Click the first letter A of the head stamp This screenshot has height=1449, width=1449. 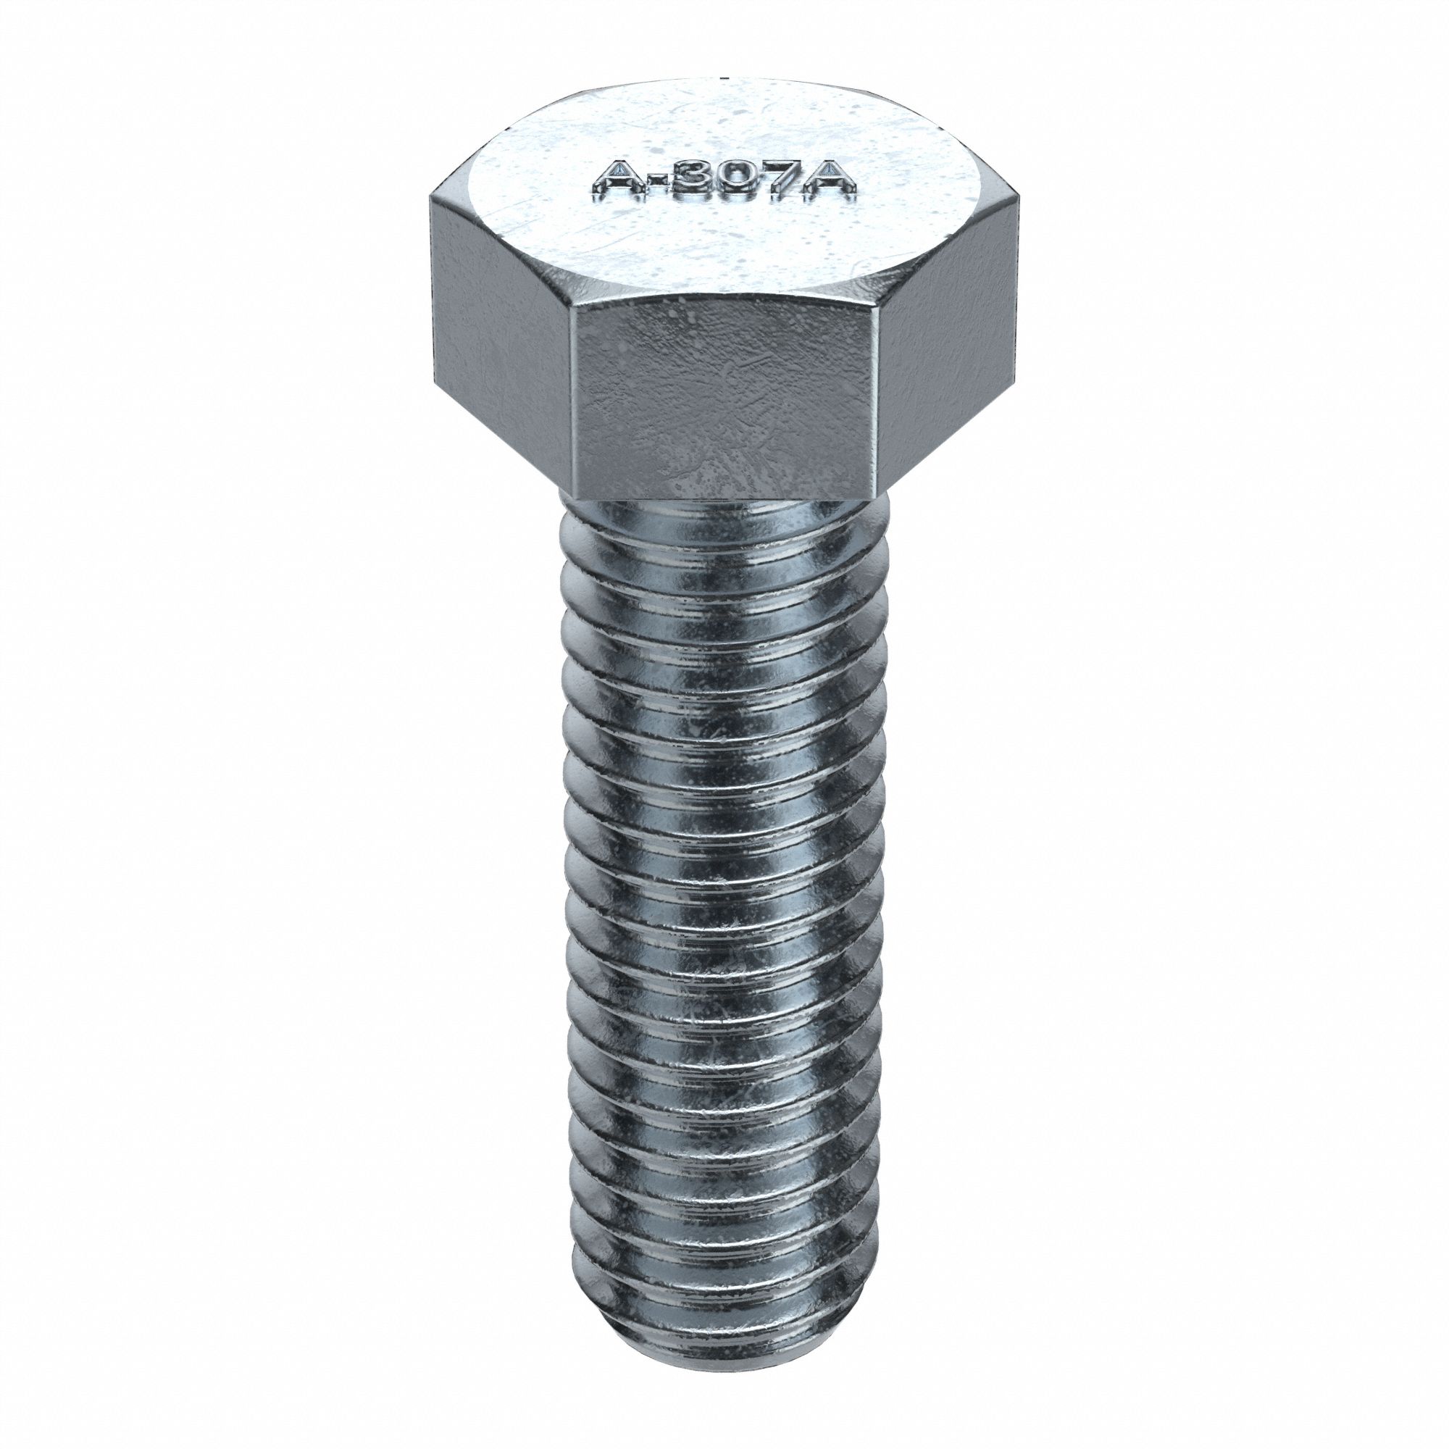tap(614, 184)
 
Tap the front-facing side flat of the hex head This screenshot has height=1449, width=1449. tap(724, 398)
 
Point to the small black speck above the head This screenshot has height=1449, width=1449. tap(724, 77)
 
